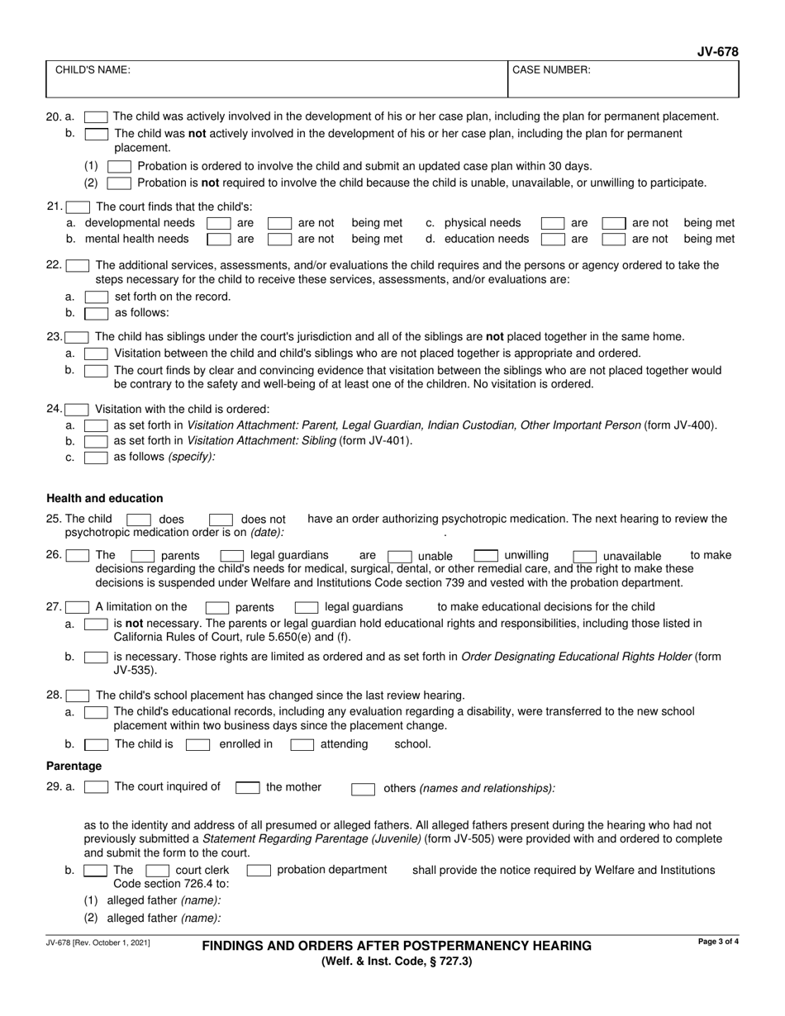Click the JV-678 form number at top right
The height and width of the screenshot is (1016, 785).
coord(717,52)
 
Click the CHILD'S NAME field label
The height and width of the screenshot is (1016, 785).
coord(92,71)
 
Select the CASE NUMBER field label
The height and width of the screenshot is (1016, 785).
coord(551,71)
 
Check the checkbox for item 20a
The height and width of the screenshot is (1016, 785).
coord(96,117)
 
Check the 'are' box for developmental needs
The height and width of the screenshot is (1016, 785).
coord(217,223)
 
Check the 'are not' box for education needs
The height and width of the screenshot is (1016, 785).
coord(613,240)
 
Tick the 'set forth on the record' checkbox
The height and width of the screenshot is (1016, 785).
coord(96,297)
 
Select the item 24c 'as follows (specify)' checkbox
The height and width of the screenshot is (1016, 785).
coord(96,457)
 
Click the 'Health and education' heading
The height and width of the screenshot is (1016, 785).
coord(105,498)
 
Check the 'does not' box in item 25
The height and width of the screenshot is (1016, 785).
coord(221,520)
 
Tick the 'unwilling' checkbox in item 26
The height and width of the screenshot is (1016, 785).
coord(485,556)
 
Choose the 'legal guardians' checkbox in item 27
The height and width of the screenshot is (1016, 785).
coord(307,607)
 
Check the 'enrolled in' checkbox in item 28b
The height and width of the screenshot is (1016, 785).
coord(197,745)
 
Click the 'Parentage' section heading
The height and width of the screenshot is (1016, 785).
coord(74,767)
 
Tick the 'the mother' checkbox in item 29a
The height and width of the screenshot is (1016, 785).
coord(247,788)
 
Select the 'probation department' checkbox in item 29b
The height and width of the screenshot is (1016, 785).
coord(259,871)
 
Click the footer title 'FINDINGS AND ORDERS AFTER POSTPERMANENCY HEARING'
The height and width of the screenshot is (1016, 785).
coord(397,946)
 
